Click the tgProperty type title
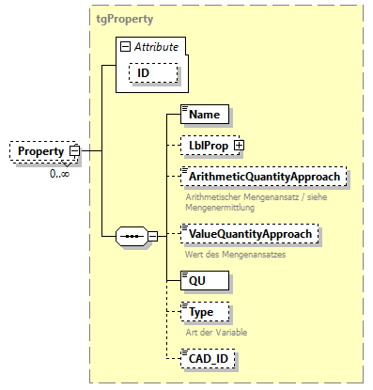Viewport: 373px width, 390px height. [124, 18]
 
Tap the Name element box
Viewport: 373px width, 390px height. [204, 114]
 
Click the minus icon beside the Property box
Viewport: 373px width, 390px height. [73, 151]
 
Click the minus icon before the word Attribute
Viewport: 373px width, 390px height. [124, 45]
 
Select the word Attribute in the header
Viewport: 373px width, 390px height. [158, 45]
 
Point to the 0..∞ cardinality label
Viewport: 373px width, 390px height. [58, 174]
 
